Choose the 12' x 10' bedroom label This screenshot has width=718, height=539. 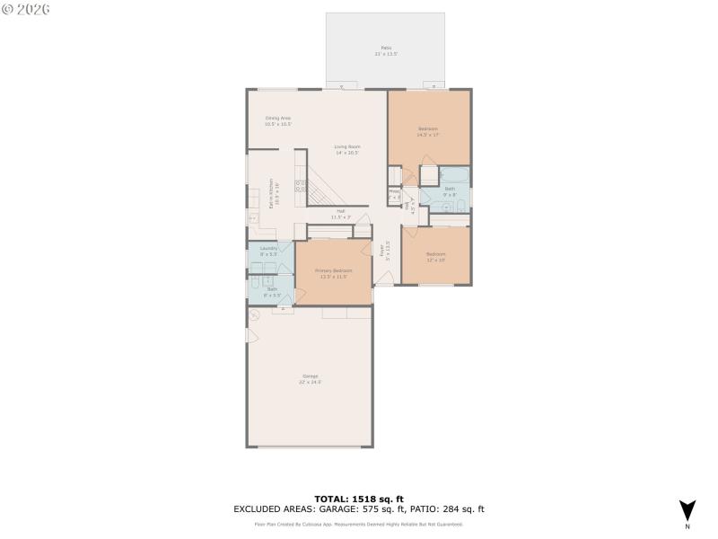tap(435, 256)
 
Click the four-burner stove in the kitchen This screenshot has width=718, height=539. tap(301, 187)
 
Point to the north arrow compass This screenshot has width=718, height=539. tap(687, 509)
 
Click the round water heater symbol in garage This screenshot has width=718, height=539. tap(255, 314)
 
